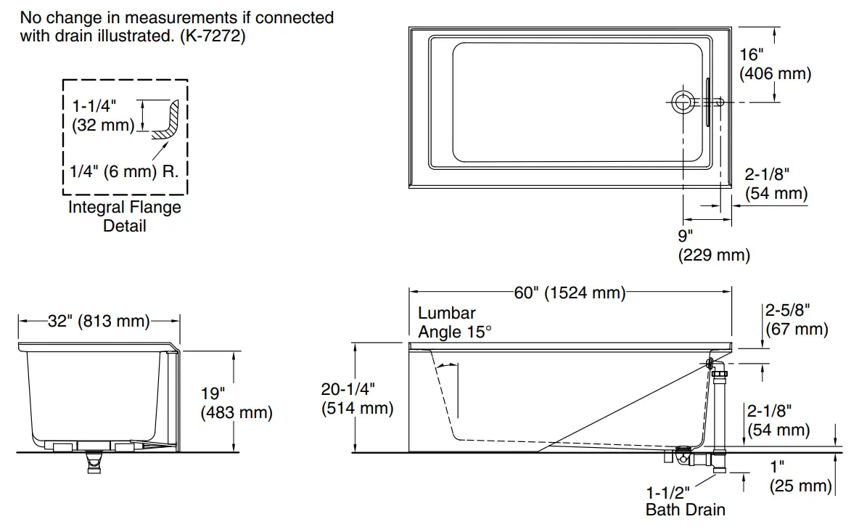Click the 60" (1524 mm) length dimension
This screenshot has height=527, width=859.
click(570, 293)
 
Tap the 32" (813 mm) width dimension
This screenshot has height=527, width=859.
click(99, 321)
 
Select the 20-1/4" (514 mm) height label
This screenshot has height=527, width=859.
click(357, 399)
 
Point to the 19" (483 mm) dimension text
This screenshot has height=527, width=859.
click(237, 404)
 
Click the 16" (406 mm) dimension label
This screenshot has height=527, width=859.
click(774, 64)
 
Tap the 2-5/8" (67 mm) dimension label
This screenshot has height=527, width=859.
click(796, 320)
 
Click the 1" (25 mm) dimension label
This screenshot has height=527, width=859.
click(800, 476)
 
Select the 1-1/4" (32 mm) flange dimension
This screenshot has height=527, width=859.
click(103, 115)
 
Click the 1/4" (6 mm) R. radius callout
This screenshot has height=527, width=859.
click(124, 171)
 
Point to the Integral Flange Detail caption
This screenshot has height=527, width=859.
click(124, 216)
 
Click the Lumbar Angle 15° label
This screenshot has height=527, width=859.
click(455, 322)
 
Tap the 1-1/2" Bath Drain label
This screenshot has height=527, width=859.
click(685, 501)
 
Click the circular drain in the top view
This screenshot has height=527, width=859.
click(682, 102)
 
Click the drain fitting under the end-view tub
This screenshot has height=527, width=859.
click(93, 461)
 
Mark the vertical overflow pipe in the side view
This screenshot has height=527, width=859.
click(721, 414)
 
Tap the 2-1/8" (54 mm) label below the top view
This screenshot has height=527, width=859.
click(776, 184)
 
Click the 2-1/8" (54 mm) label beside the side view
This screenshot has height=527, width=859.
click(778, 420)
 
